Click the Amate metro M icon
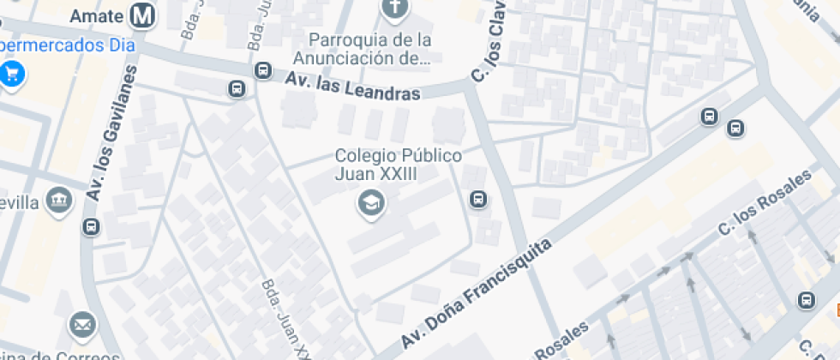143,15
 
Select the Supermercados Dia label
67,45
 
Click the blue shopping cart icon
12,73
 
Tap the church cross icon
394,10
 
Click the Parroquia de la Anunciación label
369,49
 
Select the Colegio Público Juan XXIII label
399,164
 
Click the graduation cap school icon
371,203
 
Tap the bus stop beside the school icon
478,201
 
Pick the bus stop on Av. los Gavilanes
91,227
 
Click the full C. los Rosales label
765,204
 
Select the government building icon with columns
59,201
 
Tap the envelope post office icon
82,325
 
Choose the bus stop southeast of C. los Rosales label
806,300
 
